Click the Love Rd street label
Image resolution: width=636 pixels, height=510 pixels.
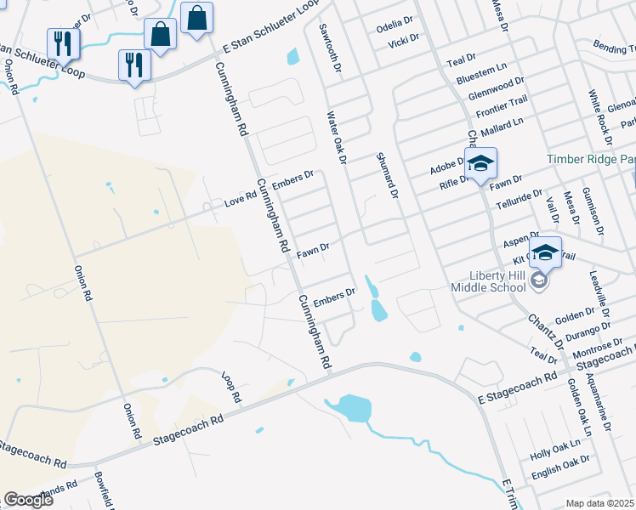click(241, 200)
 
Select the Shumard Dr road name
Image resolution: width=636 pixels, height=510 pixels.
click(387, 176)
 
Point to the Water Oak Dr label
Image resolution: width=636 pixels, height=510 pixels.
click(336, 136)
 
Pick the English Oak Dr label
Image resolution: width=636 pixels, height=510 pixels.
click(560, 464)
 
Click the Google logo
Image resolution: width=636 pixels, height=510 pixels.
click(28, 500)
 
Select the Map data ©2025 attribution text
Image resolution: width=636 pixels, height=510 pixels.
click(599, 503)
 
